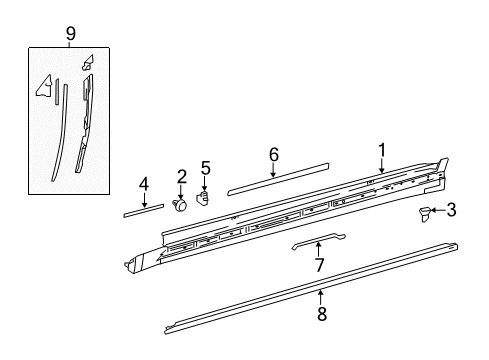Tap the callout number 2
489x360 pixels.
182,177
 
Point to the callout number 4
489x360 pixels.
143,184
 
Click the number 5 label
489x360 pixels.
205,167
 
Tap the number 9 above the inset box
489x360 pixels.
70,33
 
